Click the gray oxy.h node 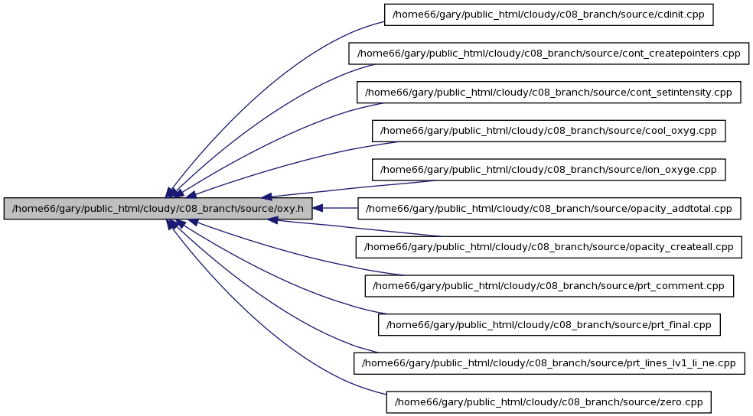coord(158,208)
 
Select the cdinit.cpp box coord(549,15)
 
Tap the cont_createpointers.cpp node coord(549,54)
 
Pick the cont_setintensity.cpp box coord(549,92)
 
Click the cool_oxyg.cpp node coord(549,131)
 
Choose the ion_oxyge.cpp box coord(549,169)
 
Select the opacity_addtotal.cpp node coord(549,208)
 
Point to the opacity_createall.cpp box coord(549,247)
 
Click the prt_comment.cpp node coord(549,286)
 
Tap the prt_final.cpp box coord(549,325)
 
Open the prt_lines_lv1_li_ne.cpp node coord(549,363)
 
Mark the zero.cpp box coord(549,402)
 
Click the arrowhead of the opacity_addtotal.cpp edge coord(318,208)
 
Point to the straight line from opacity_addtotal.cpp coord(340,208)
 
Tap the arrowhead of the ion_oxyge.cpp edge coord(267,197)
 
